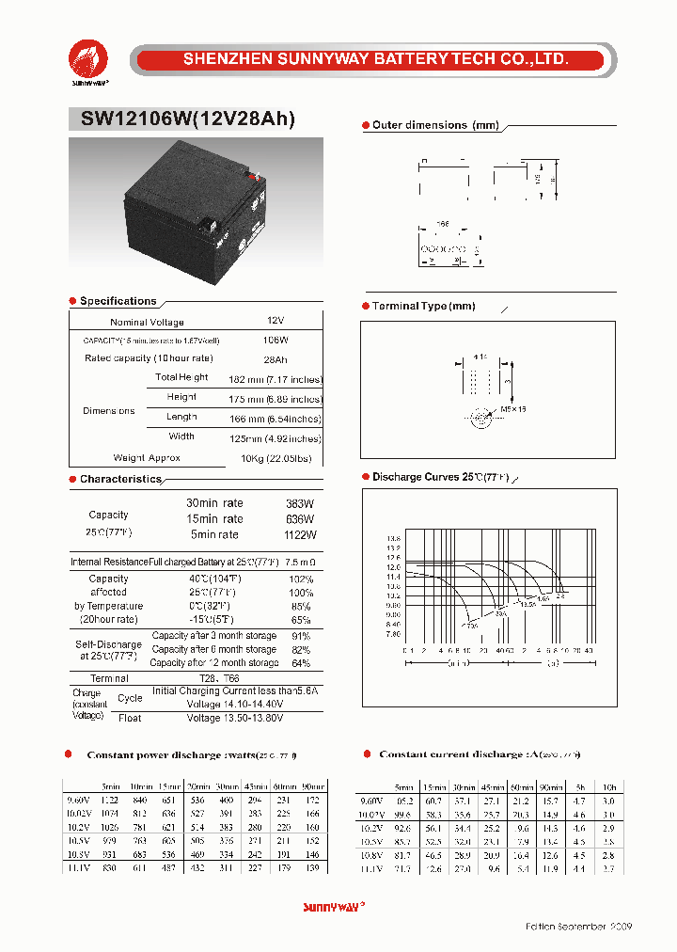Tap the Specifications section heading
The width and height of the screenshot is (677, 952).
(x=118, y=301)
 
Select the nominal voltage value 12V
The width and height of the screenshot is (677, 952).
(x=275, y=322)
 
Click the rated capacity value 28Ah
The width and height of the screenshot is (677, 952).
(x=276, y=358)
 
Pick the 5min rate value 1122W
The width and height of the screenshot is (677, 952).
(x=300, y=534)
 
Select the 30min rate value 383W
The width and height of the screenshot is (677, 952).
(x=300, y=503)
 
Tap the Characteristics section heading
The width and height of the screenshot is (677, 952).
(x=120, y=479)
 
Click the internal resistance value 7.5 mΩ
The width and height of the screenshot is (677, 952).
(x=299, y=563)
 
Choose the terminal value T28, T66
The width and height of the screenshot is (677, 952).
(x=219, y=678)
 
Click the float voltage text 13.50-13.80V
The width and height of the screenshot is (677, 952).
(x=233, y=718)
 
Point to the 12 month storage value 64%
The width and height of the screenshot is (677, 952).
(x=301, y=663)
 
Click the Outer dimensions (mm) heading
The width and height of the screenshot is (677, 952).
(x=434, y=125)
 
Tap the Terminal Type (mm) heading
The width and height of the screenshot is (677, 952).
(x=423, y=307)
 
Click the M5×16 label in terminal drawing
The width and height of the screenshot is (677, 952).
(x=513, y=410)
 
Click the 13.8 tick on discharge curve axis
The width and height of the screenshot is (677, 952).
(x=393, y=539)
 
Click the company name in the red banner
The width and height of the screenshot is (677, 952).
(x=376, y=59)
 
